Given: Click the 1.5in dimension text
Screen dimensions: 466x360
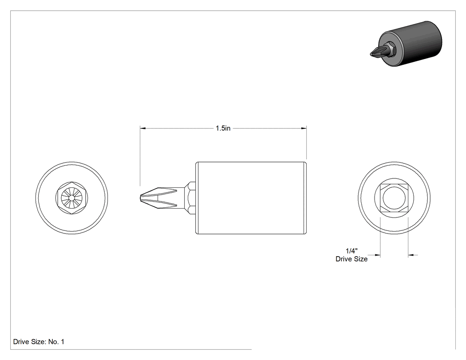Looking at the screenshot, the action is tap(223, 128).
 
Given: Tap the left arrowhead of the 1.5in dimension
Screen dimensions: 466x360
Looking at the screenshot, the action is tap(142, 128).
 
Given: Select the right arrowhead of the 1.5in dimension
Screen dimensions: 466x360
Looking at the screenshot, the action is tap(304, 128).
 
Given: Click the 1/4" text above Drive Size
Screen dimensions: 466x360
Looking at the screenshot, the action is tap(351, 251).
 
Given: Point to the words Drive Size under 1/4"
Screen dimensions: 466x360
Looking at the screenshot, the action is tap(351, 259).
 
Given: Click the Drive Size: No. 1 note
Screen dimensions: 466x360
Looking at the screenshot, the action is tap(39, 341).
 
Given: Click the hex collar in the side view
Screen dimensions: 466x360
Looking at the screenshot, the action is tap(190, 198).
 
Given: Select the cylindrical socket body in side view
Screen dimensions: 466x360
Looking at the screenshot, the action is tap(251, 198).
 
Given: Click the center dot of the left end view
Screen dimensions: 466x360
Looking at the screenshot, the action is tap(71, 198).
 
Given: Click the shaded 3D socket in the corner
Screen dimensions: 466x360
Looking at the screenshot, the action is tap(407, 44).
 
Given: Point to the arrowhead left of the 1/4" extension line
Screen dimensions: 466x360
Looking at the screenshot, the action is tap(378, 255).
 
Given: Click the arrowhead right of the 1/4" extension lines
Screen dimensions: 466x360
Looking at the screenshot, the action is tap(411, 255).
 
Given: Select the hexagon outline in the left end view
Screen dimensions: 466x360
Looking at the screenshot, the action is tap(71, 182).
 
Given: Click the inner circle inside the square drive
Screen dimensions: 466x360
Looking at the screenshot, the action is tap(394, 187).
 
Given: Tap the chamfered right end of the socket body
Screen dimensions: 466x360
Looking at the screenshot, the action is tap(305, 198).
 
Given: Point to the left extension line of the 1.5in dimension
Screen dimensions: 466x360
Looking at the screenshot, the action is tap(140, 156).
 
